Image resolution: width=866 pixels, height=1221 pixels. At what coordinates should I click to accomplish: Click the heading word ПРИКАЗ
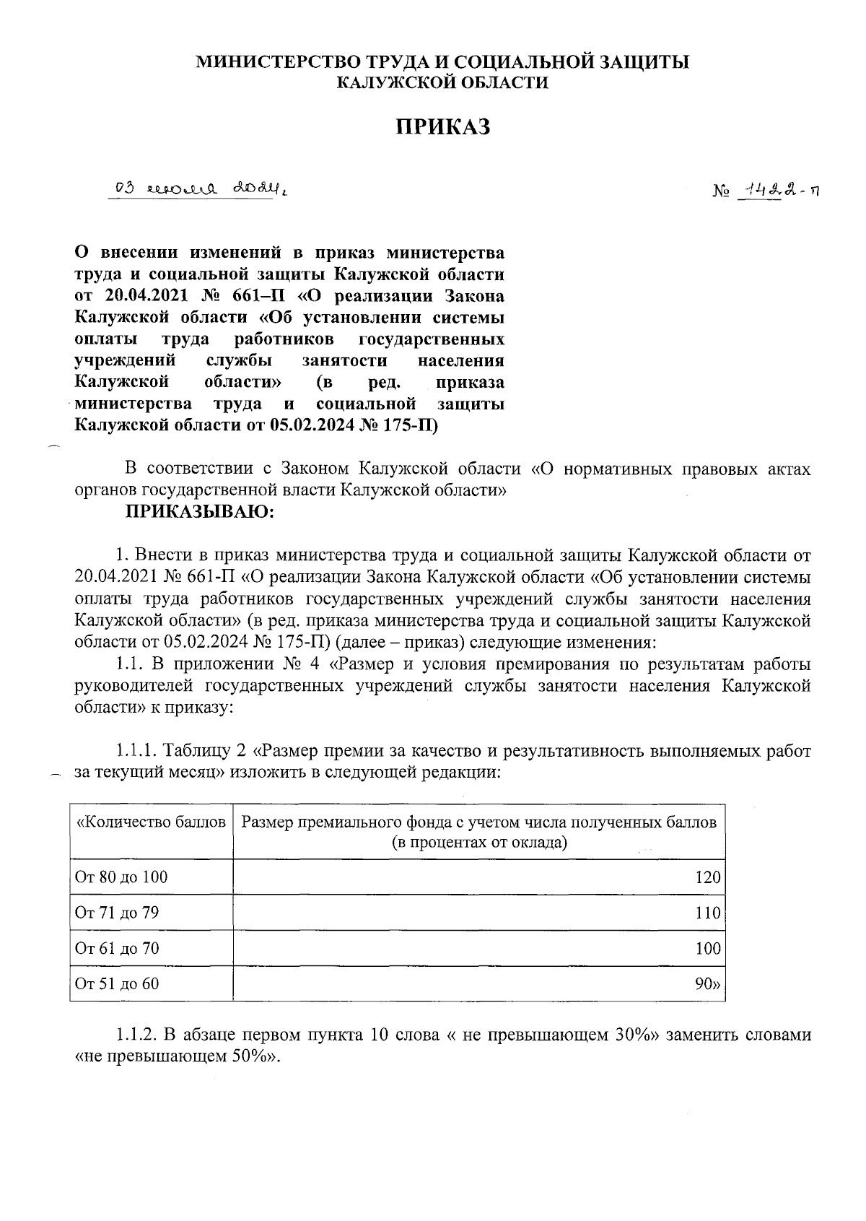[443, 128]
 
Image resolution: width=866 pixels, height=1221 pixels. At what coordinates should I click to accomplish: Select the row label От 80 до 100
[121, 877]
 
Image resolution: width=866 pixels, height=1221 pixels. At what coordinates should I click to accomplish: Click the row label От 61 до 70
[117, 948]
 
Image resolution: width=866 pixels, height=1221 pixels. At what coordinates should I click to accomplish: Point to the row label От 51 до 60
[117, 983]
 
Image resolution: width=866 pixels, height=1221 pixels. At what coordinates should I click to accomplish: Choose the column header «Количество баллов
[152, 822]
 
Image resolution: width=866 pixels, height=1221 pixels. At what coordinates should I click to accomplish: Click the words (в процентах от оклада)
[478, 842]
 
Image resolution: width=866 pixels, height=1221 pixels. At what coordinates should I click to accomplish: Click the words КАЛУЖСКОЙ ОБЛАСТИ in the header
[443, 83]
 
